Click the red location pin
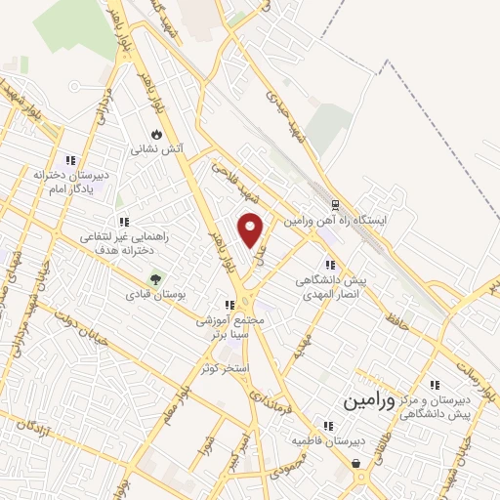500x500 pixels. (x=252, y=229)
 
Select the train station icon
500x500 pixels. (x=335, y=206)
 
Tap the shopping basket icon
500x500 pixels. (x=356, y=464)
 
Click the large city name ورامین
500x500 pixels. (x=369, y=401)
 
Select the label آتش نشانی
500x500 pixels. (x=157, y=150)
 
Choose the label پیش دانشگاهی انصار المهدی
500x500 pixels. (x=330, y=286)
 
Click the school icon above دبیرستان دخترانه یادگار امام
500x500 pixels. (x=69, y=161)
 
